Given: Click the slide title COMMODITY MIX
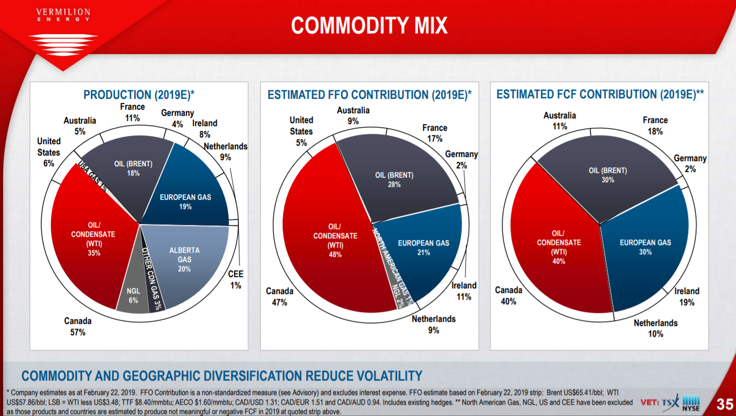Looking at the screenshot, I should click(369, 26).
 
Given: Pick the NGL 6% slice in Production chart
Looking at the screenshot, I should click(133, 296).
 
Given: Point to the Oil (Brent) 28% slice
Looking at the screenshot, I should click(394, 179).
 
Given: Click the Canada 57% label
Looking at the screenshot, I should click(78, 326).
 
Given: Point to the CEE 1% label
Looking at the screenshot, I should click(235, 280).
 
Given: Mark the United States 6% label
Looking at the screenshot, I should click(48, 152).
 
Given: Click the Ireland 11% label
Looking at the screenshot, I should click(464, 291).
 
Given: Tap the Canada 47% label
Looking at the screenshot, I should click(279, 297).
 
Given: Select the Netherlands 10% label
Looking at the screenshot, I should click(655, 328).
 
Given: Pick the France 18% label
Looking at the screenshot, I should click(655, 125).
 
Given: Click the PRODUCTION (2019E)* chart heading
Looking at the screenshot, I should click(138, 95).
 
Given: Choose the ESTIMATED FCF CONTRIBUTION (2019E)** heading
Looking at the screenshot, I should click(600, 94).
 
